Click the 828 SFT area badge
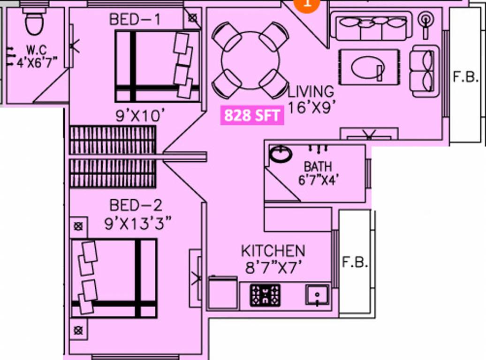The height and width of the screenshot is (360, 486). click(x=252, y=115)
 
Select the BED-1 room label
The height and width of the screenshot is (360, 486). click(x=135, y=20)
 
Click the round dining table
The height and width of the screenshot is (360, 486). click(x=250, y=60)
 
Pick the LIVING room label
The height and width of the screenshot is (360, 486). click(x=311, y=91)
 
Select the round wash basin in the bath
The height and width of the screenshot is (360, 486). click(x=281, y=154)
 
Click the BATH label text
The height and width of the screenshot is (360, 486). click(x=318, y=166)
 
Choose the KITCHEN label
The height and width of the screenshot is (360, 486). click(x=273, y=251)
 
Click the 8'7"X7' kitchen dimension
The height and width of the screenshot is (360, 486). click(x=273, y=268)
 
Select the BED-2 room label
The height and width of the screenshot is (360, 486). click(x=136, y=205)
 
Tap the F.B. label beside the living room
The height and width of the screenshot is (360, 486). click(x=465, y=77)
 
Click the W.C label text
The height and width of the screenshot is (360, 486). click(x=36, y=49)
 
